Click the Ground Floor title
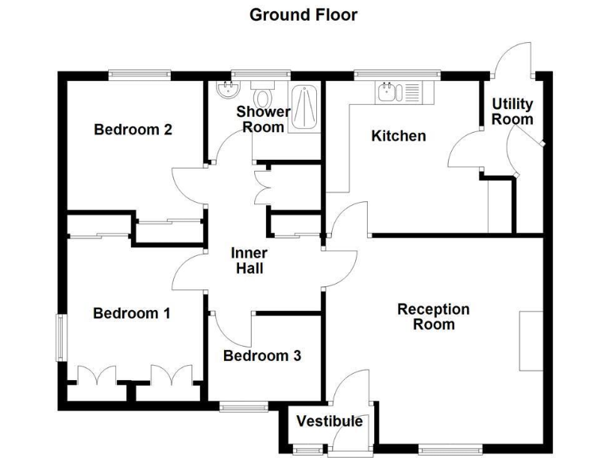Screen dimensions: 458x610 click(x=303, y=14)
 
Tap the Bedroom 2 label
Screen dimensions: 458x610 click(x=133, y=130)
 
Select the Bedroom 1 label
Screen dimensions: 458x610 click(x=132, y=313)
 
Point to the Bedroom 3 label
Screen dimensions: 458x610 click(x=261, y=355)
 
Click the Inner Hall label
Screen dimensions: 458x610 click(x=249, y=261)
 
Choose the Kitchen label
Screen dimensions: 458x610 click(x=399, y=136)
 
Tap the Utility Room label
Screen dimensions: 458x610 click(x=512, y=111)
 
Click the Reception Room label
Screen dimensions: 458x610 click(x=433, y=316)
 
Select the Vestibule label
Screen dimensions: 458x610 click(x=330, y=421)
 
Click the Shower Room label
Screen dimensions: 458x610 click(x=262, y=119)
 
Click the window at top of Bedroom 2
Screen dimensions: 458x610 click(x=140, y=75)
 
